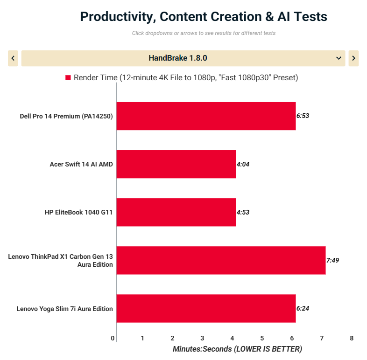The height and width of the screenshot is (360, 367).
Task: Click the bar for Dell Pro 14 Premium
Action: pos(206,116)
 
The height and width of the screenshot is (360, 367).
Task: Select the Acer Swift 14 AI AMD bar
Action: pos(176,164)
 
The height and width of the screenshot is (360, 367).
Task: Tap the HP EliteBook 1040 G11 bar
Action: pos(176,212)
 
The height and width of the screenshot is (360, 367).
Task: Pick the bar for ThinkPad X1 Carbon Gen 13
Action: pos(221,260)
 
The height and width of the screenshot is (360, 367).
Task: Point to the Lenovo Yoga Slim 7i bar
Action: pos(206,308)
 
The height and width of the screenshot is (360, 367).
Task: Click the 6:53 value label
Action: pos(303,116)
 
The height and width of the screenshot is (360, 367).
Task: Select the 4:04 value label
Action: pos(243,164)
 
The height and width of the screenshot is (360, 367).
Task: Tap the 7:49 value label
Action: pos(332,260)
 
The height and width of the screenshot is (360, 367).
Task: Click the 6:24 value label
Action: pos(303,308)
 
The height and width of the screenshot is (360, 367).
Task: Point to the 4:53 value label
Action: pos(243,212)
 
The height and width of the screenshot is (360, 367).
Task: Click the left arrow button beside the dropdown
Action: pos(13,58)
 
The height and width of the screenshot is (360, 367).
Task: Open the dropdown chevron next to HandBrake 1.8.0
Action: pos(339,58)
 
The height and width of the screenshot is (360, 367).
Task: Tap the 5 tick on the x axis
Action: pos(262,338)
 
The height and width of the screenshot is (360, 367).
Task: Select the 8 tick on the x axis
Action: pos(352,338)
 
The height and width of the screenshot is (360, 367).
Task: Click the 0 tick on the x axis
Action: pos(113,338)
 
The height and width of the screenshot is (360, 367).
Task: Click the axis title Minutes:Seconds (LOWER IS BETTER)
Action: pos(237,349)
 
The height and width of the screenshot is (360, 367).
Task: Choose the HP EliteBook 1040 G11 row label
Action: pos(79,212)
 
